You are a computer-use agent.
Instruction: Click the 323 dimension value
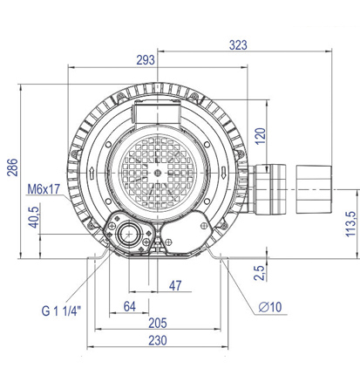pyautogui.click(x=238, y=45)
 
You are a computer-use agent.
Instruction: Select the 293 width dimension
pyautogui.click(x=146, y=60)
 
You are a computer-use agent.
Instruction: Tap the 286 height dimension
pyautogui.click(x=12, y=167)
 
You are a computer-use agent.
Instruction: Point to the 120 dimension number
pyautogui.click(x=261, y=136)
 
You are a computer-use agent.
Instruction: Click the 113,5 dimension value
pyautogui.click(x=350, y=224)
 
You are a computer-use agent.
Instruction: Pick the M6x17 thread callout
pyautogui.click(x=44, y=189)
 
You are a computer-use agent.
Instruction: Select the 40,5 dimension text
pyautogui.click(x=34, y=217)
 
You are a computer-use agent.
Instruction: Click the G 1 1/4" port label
pyautogui.click(x=61, y=310)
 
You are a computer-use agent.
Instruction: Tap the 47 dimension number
pyautogui.click(x=175, y=286)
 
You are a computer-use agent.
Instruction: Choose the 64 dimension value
pyautogui.click(x=130, y=306)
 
